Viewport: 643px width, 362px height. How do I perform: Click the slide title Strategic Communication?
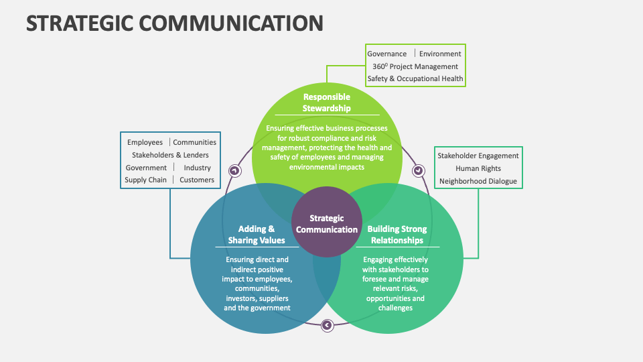175,23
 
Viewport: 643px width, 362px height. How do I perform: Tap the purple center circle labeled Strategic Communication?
327,224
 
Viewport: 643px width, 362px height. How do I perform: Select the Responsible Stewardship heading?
327,103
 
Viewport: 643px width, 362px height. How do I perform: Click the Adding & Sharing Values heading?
257,235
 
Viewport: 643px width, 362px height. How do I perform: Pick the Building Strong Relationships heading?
397,235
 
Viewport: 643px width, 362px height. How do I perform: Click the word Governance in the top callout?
387,54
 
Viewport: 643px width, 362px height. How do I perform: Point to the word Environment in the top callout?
440,54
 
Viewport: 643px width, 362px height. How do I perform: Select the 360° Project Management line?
415,66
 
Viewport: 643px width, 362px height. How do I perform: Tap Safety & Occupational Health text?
415,78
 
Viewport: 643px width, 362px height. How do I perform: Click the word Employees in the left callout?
145,142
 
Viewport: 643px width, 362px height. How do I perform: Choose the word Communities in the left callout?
195,142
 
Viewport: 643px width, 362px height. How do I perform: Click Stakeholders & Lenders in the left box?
170,155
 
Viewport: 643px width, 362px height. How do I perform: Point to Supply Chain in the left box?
145,180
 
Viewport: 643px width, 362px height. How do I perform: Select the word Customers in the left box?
197,180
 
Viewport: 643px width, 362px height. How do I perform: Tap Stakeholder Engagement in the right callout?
478,156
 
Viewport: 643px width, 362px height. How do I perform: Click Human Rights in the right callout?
478,168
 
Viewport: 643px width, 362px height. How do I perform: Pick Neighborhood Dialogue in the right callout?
478,181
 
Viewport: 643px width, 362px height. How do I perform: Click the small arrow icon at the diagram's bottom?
327,325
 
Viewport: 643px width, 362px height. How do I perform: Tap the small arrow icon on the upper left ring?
234,170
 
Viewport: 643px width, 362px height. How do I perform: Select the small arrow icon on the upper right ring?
419,170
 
